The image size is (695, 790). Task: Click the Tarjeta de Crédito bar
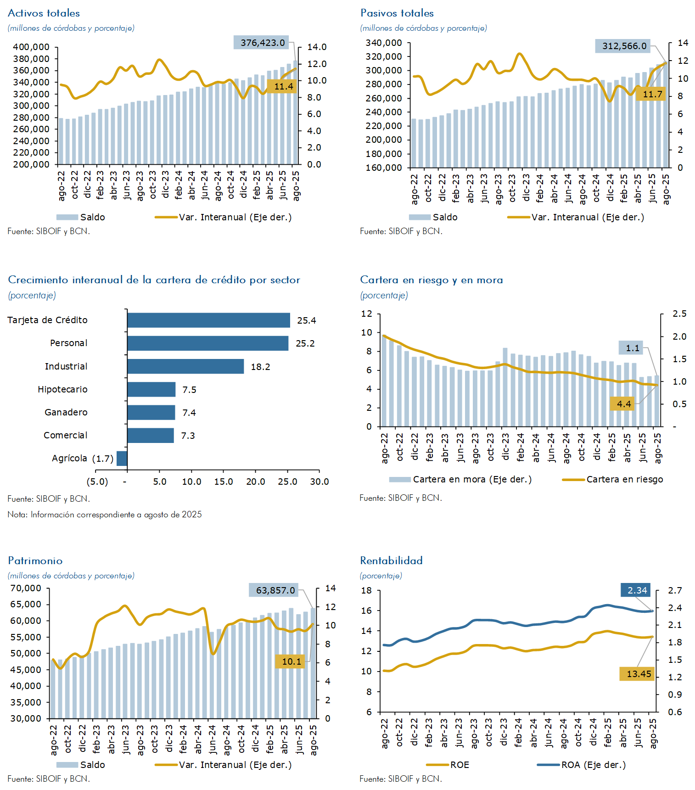pyautogui.click(x=208, y=320)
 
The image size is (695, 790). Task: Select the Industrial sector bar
pyautogui.click(x=185, y=366)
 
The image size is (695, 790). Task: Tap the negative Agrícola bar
pyautogui.click(x=122, y=458)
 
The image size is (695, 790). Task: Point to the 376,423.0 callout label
pyautogui.click(x=261, y=43)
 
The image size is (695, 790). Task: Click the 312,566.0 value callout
pyautogui.click(x=624, y=46)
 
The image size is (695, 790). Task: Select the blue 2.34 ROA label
pyautogui.click(x=637, y=590)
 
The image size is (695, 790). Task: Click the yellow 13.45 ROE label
pyautogui.click(x=638, y=674)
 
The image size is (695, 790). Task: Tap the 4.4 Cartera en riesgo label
pyautogui.click(x=623, y=404)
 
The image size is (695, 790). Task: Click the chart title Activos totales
pyautogui.click(x=44, y=13)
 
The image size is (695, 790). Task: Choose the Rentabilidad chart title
pyautogui.click(x=391, y=560)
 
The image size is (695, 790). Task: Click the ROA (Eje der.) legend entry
pyautogui.click(x=593, y=765)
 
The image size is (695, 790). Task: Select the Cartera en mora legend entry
pyautogui.click(x=472, y=479)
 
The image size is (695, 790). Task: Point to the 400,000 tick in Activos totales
pyautogui.click(x=31, y=47)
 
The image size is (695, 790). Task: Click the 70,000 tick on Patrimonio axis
pyautogui.click(x=26, y=588)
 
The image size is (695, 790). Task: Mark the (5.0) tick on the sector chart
pyautogui.click(x=97, y=482)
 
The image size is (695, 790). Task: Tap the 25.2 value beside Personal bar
pyautogui.click(x=305, y=343)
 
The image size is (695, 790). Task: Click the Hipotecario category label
pyautogui.click(x=62, y=389)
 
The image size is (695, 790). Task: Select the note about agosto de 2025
pyautogui.click(x=105, y=515)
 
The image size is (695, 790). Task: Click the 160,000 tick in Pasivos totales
pyautogui.click(x=384, y=168)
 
